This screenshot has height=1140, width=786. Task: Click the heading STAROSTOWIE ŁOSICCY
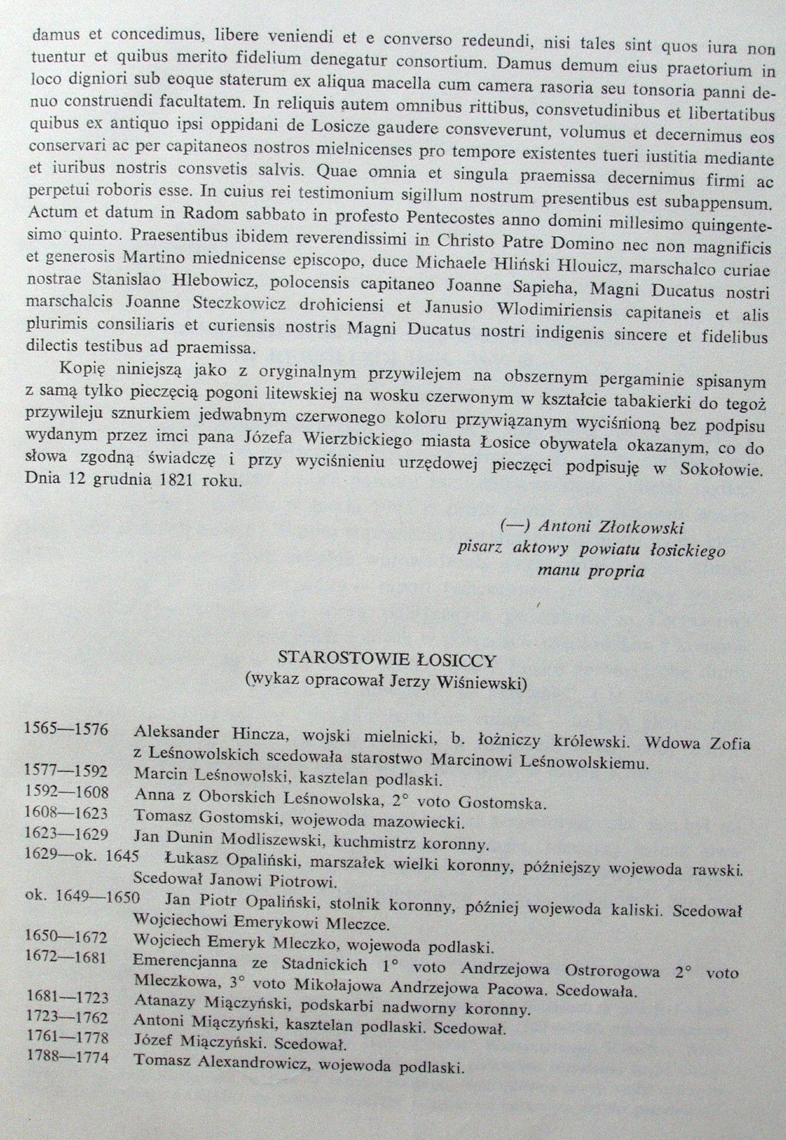387,660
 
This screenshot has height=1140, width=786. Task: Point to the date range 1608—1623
66,813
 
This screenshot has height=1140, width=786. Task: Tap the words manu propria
591,571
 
